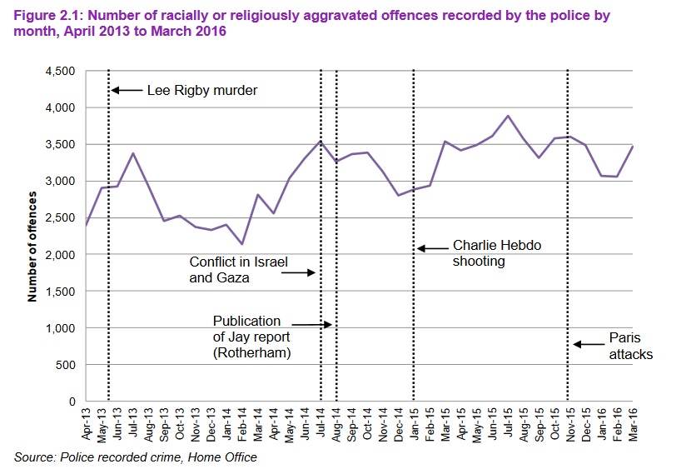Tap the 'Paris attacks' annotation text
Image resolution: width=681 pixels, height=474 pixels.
[x=630, y=346]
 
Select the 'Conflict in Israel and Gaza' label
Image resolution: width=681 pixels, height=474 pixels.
[x=238, y=271]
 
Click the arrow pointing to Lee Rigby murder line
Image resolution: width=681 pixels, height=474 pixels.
[x=127, y=89]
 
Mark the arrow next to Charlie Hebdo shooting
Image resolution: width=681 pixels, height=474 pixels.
[x=432, y=247]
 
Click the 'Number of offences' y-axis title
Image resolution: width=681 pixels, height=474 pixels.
[x=33, y=247]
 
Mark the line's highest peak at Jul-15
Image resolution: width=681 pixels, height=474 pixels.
[x=508, y=116]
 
